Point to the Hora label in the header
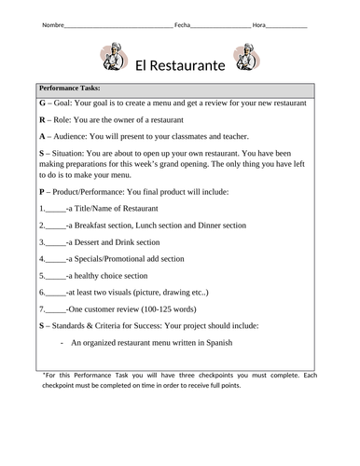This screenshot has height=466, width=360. [x=258, y=22]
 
